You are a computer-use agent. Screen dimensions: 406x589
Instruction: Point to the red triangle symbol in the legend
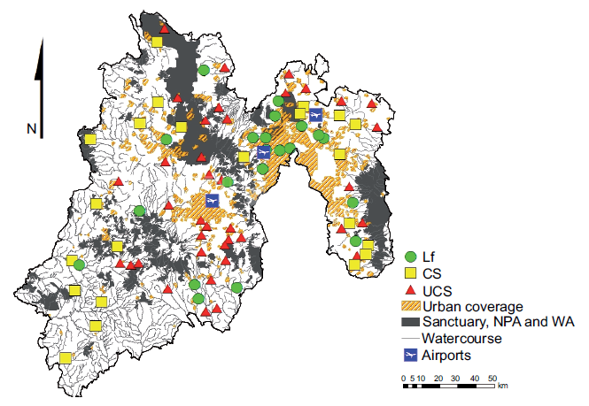pyautogui.click(x=412, y=289)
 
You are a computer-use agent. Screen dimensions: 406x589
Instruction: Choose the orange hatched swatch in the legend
pyautogui.click(x=411, y=306)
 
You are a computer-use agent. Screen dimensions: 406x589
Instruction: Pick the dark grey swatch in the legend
pyautogui.click(x=411, y=322)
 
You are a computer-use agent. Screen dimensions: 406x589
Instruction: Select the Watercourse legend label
pyautogui.click(x=463, y=339)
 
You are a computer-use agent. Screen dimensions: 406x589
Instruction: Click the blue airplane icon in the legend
pyautogui.click(x=411, y=355)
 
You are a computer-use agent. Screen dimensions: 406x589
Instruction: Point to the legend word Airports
pyautogui.click(x=446, y=355)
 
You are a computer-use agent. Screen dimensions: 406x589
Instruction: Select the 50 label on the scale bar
pyautogui.click(x=492, y=378)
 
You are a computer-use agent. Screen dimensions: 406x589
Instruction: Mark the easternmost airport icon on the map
pyautogui.click(x=316, y=112)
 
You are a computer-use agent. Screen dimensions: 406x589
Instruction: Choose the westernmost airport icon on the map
pyautogui.click(x=212, y=201)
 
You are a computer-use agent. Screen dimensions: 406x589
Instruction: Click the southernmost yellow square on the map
pyautogui.click(x=66, y=358)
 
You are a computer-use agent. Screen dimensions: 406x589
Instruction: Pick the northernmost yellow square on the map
pyautogui.click(x=157, y=41)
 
